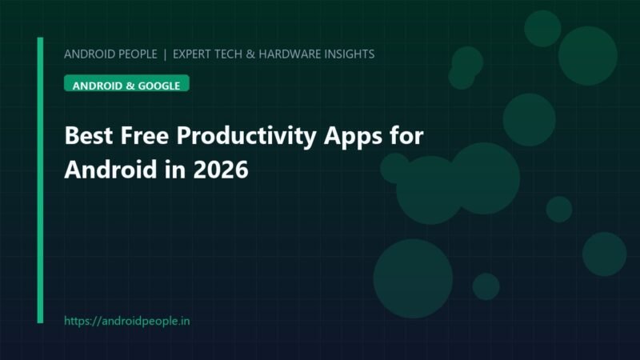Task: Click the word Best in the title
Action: pyautogui.click(x=89, y=135)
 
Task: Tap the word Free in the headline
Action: pyautogui.click(x=145, y=135)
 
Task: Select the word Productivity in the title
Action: pyautogui.click(x=246, y=136)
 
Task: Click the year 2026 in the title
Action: pyautogui.click(x=221, y=170)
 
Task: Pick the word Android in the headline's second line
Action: pyautogui.click(x=111, y=169)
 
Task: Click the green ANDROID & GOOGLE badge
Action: pyautogui.click(x=126, y=83)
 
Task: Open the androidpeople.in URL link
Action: pyautogui.click(x=127, y=321)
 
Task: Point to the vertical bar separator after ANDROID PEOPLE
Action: pyautogui.click(x=165, y=54)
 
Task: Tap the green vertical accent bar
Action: pyautogui.click(x=40, y=180)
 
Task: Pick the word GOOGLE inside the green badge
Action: pyautogui.click(x=159, y=86)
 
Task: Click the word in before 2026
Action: pyautogui.click(x=175, y=170)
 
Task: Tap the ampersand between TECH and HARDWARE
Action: pyautogui.click(x=250, y=54)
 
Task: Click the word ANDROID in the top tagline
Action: pyautogui.click(x=90, y=54)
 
